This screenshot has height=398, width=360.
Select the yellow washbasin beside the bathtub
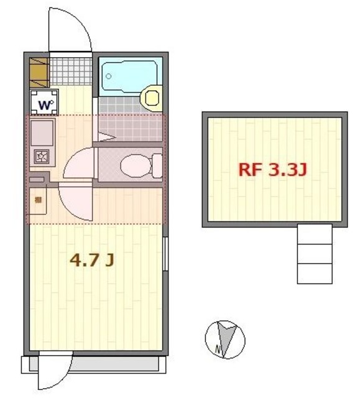152,97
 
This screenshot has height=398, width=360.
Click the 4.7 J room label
91,261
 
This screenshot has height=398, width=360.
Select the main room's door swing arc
76,202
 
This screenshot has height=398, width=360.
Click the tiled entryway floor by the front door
71,71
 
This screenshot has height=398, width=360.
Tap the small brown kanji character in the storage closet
38,200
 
